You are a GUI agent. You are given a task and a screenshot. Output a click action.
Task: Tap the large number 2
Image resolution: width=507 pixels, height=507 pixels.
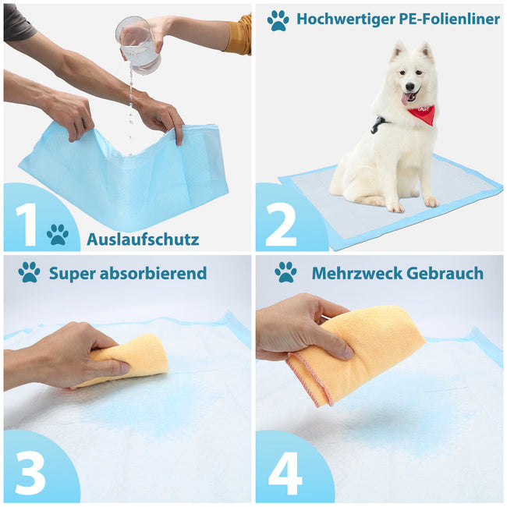pyautogui.click(x=280, y=224)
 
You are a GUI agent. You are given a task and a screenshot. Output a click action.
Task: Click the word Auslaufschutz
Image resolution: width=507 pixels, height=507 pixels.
pyautogui.click(x=143, y=239)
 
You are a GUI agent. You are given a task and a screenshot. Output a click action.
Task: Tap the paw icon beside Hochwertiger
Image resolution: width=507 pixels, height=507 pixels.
pyautogui.click(x=278, y=20)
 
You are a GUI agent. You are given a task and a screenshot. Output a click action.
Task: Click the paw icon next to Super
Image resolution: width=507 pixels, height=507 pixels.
pyautogui.click(x=29, y=272)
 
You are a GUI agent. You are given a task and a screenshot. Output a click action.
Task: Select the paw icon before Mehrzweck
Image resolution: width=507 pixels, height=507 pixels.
pyautogui.click(x=285, y=272)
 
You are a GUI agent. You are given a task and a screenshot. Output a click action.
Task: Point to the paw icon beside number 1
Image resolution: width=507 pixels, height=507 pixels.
pyautogui.click(x=57, y=234)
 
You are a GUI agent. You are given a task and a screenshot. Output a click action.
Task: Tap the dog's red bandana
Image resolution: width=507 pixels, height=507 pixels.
pyautogui.click(x=421, y=115)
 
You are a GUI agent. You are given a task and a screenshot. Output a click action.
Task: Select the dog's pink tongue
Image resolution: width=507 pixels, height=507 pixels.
pyautogui.click(x=407, y=99)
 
